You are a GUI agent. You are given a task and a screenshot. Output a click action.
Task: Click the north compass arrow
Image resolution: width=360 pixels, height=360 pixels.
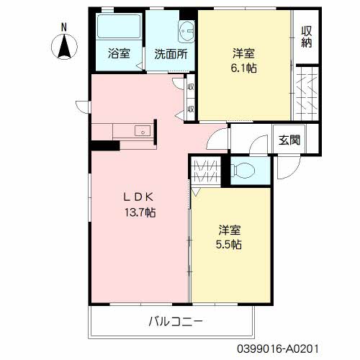[x=64, y=46]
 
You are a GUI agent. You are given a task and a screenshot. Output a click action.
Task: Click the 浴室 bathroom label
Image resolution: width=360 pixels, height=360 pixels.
[x=119, y=53]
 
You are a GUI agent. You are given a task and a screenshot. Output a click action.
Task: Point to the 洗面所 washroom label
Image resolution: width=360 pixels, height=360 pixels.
[x=170, y=53]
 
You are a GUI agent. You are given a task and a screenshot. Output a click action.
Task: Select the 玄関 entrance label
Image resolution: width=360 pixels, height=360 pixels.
[x=290, y=139]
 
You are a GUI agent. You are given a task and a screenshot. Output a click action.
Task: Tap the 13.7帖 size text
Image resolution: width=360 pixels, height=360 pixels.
[x=139, y=212]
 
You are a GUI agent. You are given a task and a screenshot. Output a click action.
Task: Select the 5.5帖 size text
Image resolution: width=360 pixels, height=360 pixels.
[x=230, y=244]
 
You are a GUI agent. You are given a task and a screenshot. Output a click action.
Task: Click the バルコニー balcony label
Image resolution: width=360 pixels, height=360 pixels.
[x=176, y=320]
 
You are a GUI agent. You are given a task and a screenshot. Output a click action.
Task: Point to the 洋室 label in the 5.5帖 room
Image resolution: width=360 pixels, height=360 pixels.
[x=230, y=230]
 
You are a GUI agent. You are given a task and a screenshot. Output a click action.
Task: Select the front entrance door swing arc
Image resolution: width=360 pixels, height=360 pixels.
[x=286, y=170]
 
